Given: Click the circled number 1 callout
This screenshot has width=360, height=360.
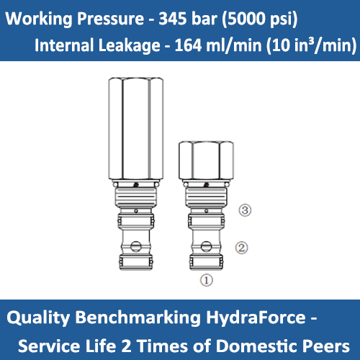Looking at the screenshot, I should [206, 281].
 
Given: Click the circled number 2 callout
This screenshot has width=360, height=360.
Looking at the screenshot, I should [243, 248].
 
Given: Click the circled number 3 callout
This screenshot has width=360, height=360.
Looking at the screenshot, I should [244, 210].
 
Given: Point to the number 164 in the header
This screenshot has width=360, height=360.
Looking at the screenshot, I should [186, 45].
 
